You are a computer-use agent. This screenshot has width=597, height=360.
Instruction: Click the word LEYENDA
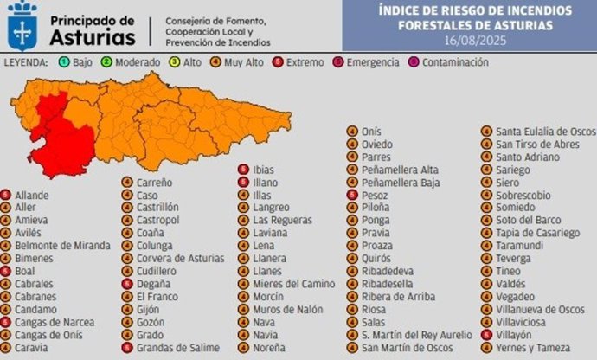28,63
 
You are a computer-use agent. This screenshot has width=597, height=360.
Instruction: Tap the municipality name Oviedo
377,145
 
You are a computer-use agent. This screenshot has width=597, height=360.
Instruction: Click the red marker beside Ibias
244,170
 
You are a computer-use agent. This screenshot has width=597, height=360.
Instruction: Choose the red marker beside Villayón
485,335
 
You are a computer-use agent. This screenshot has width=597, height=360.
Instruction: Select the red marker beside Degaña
127,284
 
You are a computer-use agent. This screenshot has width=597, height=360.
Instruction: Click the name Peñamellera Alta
400,170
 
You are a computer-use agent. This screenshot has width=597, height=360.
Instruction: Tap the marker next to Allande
7,196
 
